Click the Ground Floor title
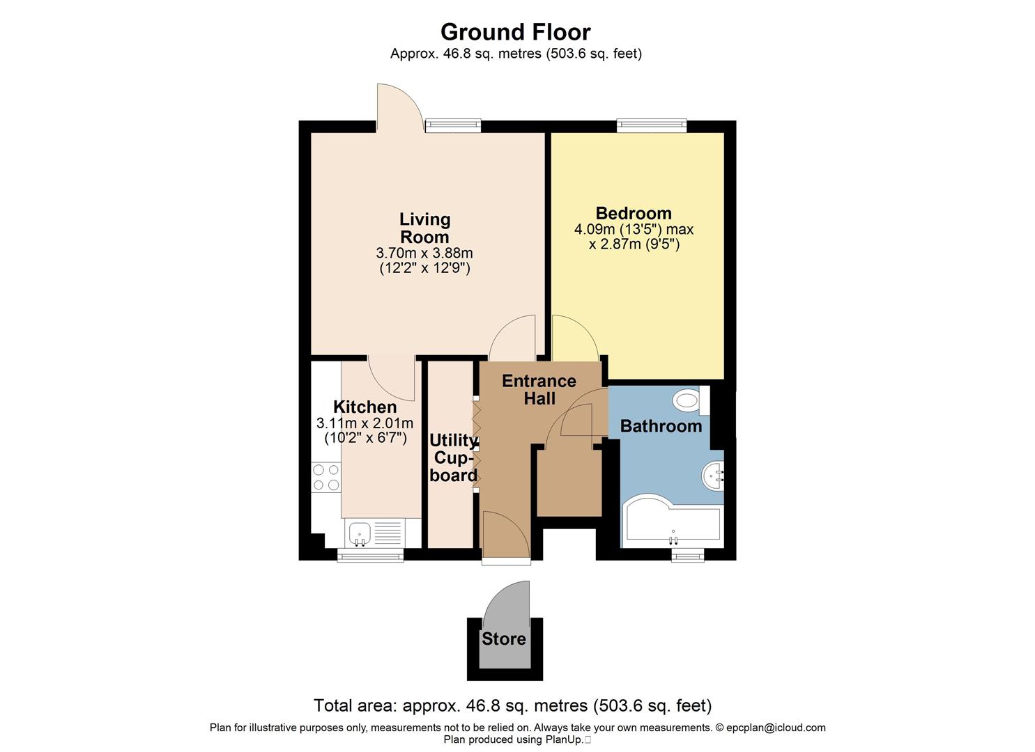515,32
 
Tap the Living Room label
424,228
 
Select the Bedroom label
634,213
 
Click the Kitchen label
365,407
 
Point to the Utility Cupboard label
453,457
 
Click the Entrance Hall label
539,389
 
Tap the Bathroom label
661,426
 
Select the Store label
504,639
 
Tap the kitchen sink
360,533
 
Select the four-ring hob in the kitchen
325,478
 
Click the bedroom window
652,125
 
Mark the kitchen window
370,554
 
